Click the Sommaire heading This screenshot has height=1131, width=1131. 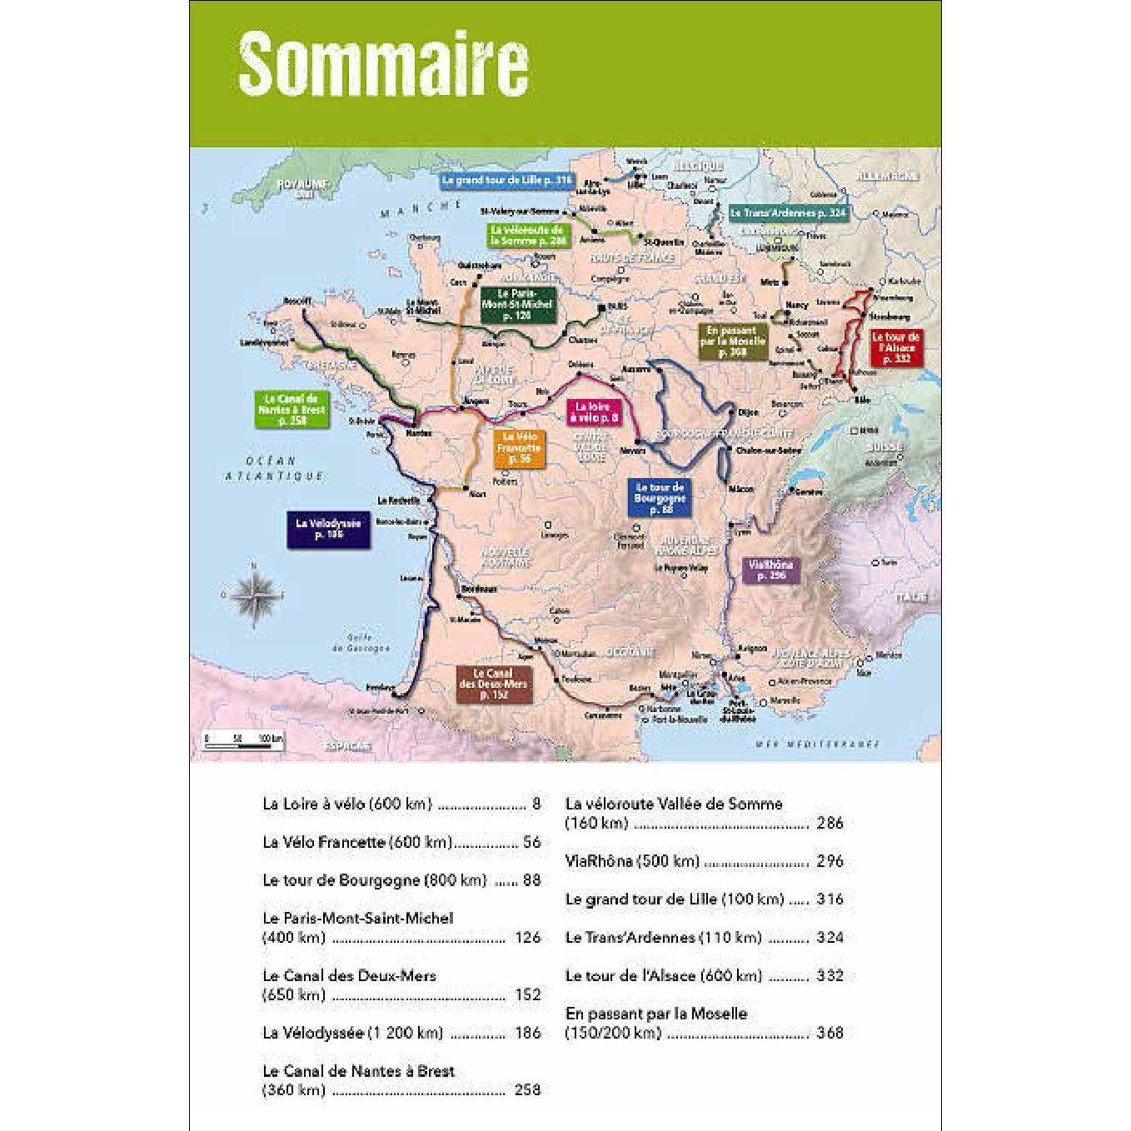pyautogui.click(x=383, y=63)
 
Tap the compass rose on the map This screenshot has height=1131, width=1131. pyautogui.click(x=257, y=594)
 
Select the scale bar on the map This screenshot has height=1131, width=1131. pyautogui.click(x=244, y=738)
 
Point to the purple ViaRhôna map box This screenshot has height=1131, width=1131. pyautogui.click(x=771, y=570)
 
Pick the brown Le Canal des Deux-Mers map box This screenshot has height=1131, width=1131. pyautogui.click(x=493, y=683)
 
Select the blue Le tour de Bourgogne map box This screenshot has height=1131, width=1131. pyautogui.click(x=659, y=497)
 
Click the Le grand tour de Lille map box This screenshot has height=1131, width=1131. pyautogui.click(x=506, y=180)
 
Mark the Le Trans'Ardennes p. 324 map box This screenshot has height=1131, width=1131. pyautogui.click(x=787, y=213)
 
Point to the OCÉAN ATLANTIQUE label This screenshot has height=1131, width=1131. pyautogui.click(x=275, y=468)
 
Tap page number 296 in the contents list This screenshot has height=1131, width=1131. pyautogui.click(x=830, y=861)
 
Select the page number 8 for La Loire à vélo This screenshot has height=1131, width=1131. pyautogui.click(x=536, y=804)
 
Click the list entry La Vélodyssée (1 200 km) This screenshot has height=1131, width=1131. pyautogui.click(x=351, y=1033)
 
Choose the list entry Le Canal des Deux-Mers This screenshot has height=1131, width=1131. pyautogui.click(x=349, y=975)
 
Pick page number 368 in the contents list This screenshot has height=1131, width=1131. pyautogui.click(x=830, y=1033)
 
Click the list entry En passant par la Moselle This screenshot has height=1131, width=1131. pyautogui.click(x=656, y=1014)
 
